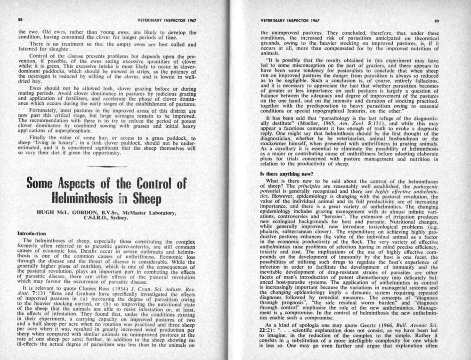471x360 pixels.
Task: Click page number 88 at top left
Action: [20, 20]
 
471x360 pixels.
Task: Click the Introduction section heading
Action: [33, 232]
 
